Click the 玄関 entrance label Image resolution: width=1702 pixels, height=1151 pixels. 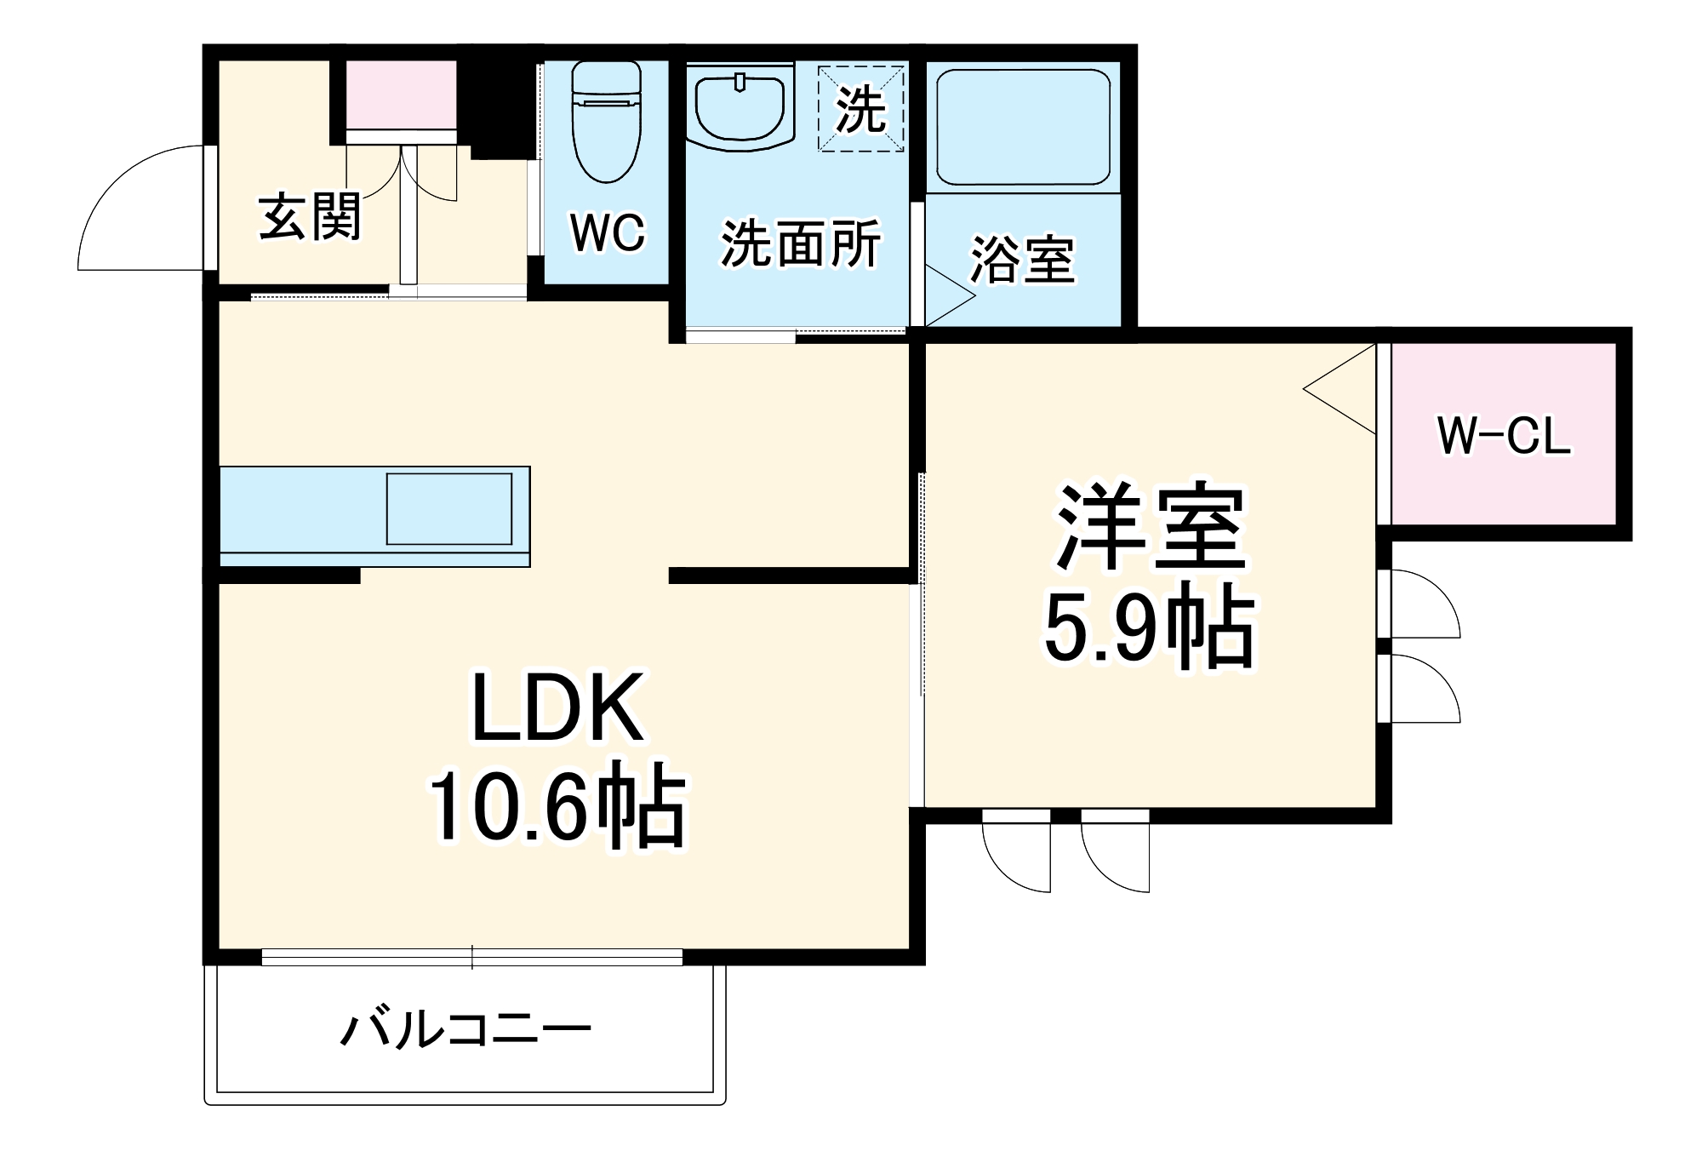(x=310, y=217)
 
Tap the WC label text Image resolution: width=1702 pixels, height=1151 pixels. (x=608, y=232)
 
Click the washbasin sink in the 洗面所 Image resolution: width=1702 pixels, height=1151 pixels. (x=740, y=107)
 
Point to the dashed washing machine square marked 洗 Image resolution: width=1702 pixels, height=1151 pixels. (x=860, y=109)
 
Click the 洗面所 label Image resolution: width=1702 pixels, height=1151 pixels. (x=800, y=244)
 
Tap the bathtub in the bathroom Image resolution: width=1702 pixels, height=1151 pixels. (x=1023, y=127)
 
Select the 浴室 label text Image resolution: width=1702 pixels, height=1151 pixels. (x=1023, y=259)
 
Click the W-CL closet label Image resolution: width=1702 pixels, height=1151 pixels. (x=1504, y=436)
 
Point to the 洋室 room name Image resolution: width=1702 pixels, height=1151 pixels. (x=1151, y=527)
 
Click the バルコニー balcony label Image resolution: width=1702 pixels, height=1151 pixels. (x=465, y=1030)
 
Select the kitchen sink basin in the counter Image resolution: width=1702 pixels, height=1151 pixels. (x=449, y=509)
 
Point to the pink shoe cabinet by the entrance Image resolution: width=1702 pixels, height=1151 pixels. (x=402, y=94)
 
